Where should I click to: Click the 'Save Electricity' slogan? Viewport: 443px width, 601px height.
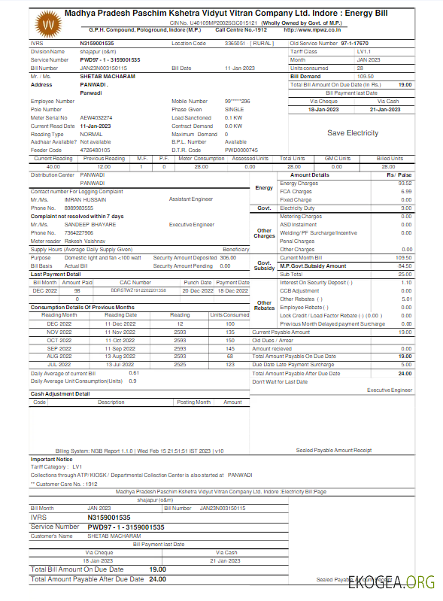click(x=353, y=133)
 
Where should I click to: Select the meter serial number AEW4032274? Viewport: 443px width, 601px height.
click(x=96, y=118)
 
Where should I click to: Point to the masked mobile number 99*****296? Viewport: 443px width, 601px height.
click(x=238, y=101)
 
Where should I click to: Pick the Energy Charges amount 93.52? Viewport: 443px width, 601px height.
click(x=405, y=184)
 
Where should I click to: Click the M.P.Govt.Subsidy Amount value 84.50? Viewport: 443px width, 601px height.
click(x=405, y=266)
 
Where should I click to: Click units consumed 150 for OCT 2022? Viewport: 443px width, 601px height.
click(x=230, y=340)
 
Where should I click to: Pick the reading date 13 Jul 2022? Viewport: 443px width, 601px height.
click(x=120, y=364)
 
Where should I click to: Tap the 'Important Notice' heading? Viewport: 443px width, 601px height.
click(x=52, y=459)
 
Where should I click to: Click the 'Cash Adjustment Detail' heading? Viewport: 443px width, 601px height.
click(x=60, y=393)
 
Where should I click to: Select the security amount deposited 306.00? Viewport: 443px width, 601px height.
click(x=228, y=257)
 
